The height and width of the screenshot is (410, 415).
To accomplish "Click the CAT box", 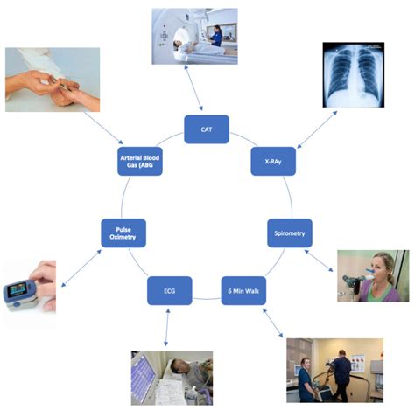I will pos(207,129).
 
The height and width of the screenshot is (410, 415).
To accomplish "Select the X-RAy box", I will pos(272,162).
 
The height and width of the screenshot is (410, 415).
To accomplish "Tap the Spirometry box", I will pos(289,233).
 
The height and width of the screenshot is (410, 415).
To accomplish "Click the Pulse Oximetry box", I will pos(123,233).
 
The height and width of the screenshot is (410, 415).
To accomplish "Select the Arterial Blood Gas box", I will pos(142,162).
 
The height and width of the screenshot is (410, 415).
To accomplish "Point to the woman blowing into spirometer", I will pos(374,275).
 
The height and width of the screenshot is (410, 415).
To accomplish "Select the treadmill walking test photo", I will pos(334,369).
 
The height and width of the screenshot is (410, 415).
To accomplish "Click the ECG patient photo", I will pos(172,377).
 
